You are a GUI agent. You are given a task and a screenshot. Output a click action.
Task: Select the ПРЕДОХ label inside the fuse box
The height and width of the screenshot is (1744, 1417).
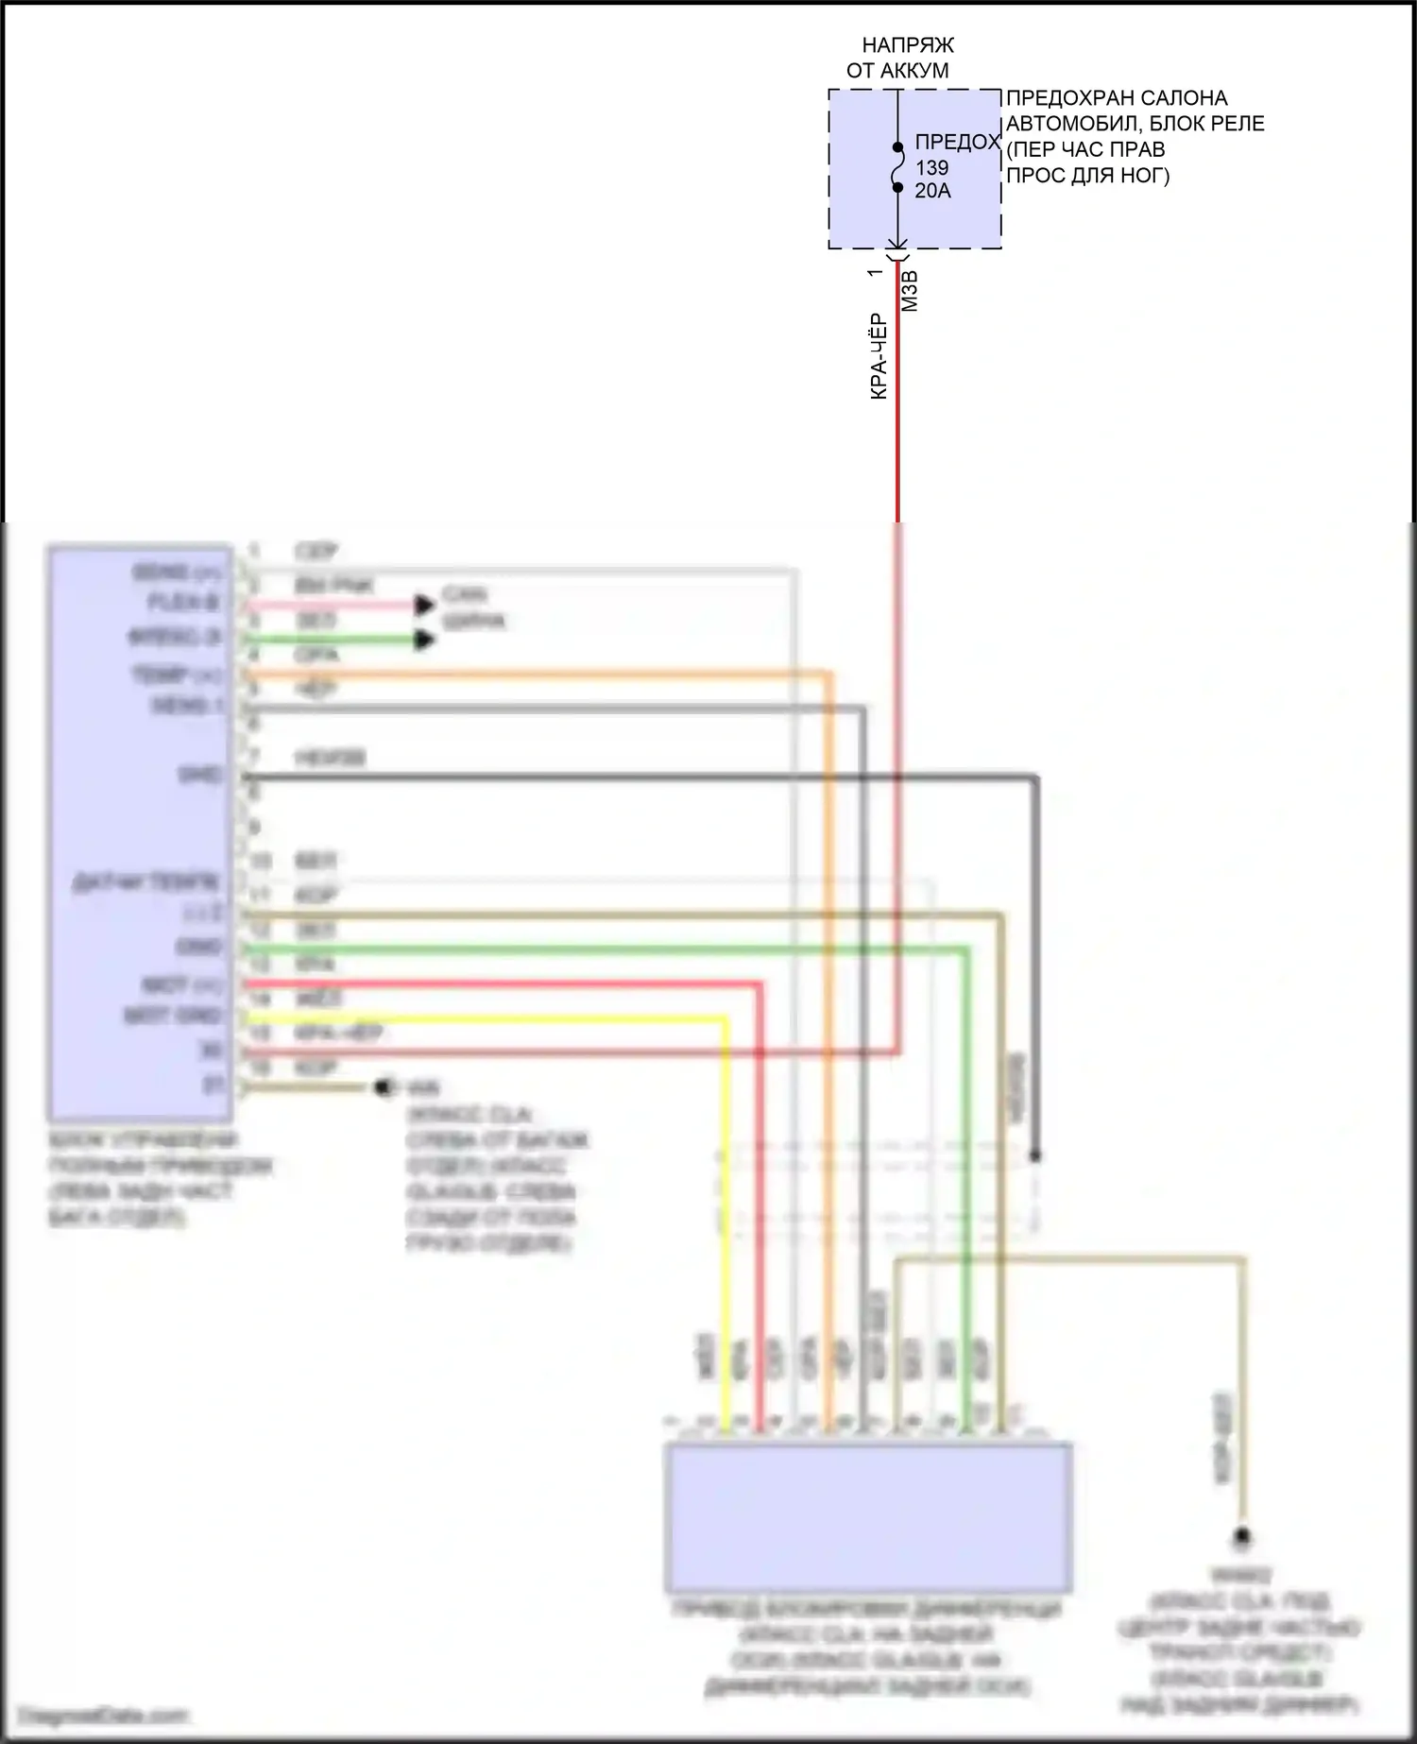tap(957, 143)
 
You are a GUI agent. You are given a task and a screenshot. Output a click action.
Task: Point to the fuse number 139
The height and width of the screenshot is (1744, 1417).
tap(931, 167)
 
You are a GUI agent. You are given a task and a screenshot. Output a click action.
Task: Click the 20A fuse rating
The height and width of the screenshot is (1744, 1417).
tap(932, 190)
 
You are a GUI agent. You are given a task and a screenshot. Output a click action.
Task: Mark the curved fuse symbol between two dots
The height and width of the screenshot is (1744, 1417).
tap(898, 168)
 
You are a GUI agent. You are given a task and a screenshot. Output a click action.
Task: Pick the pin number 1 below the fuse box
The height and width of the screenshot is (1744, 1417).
tap(875, 272)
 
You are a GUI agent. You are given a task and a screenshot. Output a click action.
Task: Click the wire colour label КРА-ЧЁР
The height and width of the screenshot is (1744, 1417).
tap(879, 357)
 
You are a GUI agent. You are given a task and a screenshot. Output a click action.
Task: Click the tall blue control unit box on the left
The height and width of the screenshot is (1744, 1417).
tap(141, 831)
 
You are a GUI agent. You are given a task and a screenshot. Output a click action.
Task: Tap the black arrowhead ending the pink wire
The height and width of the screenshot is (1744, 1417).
tap(425, 605)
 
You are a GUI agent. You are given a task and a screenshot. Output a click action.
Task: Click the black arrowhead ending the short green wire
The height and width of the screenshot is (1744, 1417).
tap(425, 641)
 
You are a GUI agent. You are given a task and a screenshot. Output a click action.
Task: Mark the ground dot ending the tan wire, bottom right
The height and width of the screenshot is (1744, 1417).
tap(1243, 1538)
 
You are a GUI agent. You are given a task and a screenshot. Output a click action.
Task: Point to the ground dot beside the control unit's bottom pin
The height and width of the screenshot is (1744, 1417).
tap(384, 1088)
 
